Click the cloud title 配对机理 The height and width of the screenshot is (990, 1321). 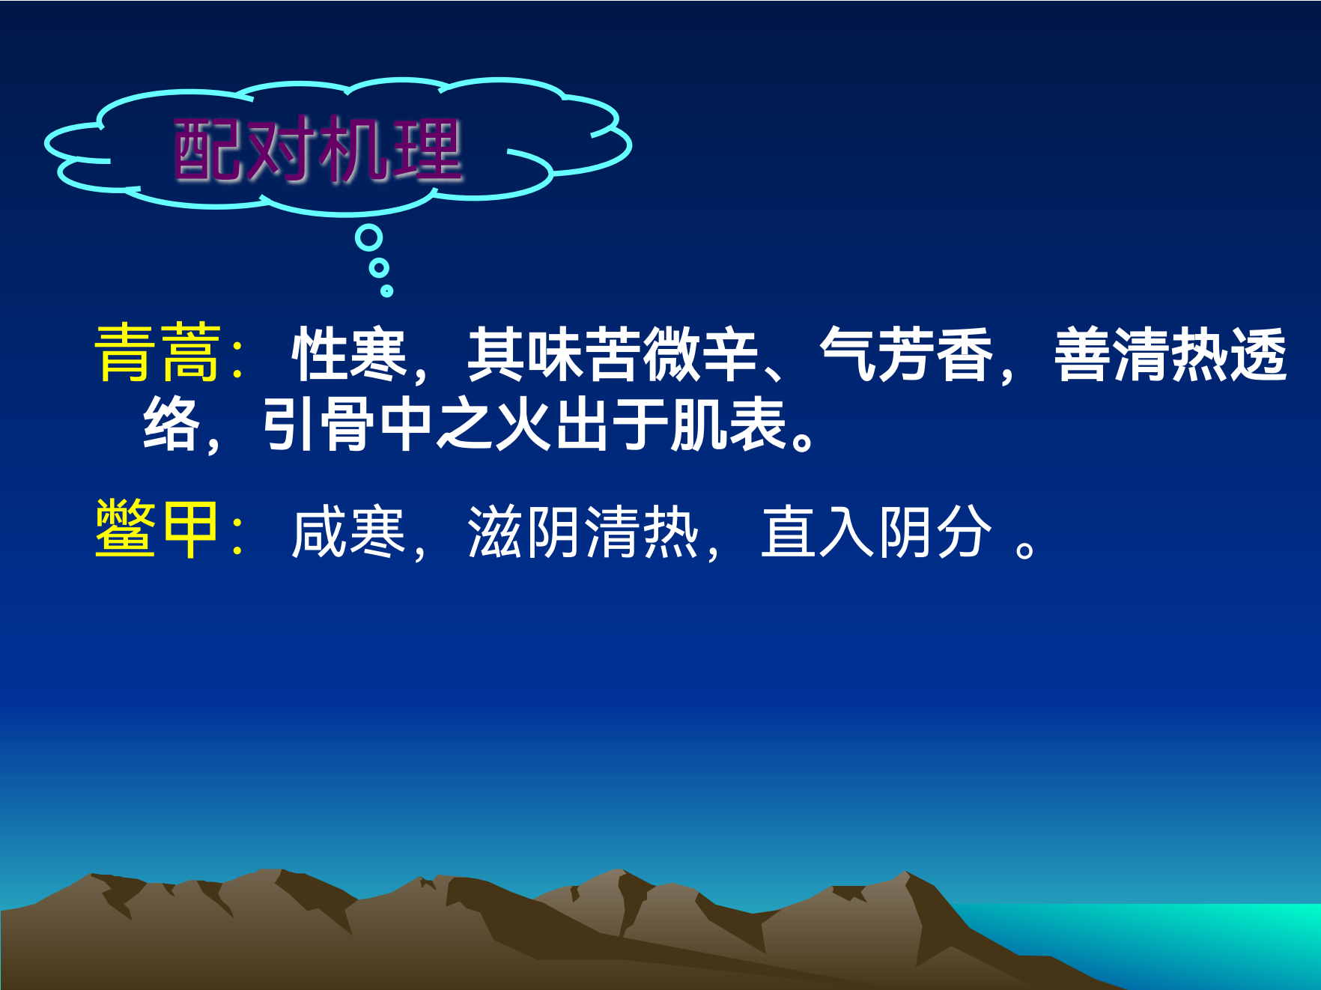point(318,150)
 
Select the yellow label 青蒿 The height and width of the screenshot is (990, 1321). point(158,353)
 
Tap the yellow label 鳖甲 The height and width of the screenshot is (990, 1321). point(157,529)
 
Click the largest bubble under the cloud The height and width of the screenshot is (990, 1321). point(368,238)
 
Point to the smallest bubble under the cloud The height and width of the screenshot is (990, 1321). point(386,291)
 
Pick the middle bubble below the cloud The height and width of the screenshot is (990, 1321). point(379,267)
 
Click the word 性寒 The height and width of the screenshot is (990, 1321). point(350,354)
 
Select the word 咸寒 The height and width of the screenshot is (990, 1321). point(349,532)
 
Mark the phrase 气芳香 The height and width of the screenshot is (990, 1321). point(907,354)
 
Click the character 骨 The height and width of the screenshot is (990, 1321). point(349,425)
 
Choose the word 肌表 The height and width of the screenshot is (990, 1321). point(728,425)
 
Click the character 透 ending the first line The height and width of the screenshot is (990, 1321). point(1258,354)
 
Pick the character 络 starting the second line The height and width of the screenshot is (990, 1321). point(171,425)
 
